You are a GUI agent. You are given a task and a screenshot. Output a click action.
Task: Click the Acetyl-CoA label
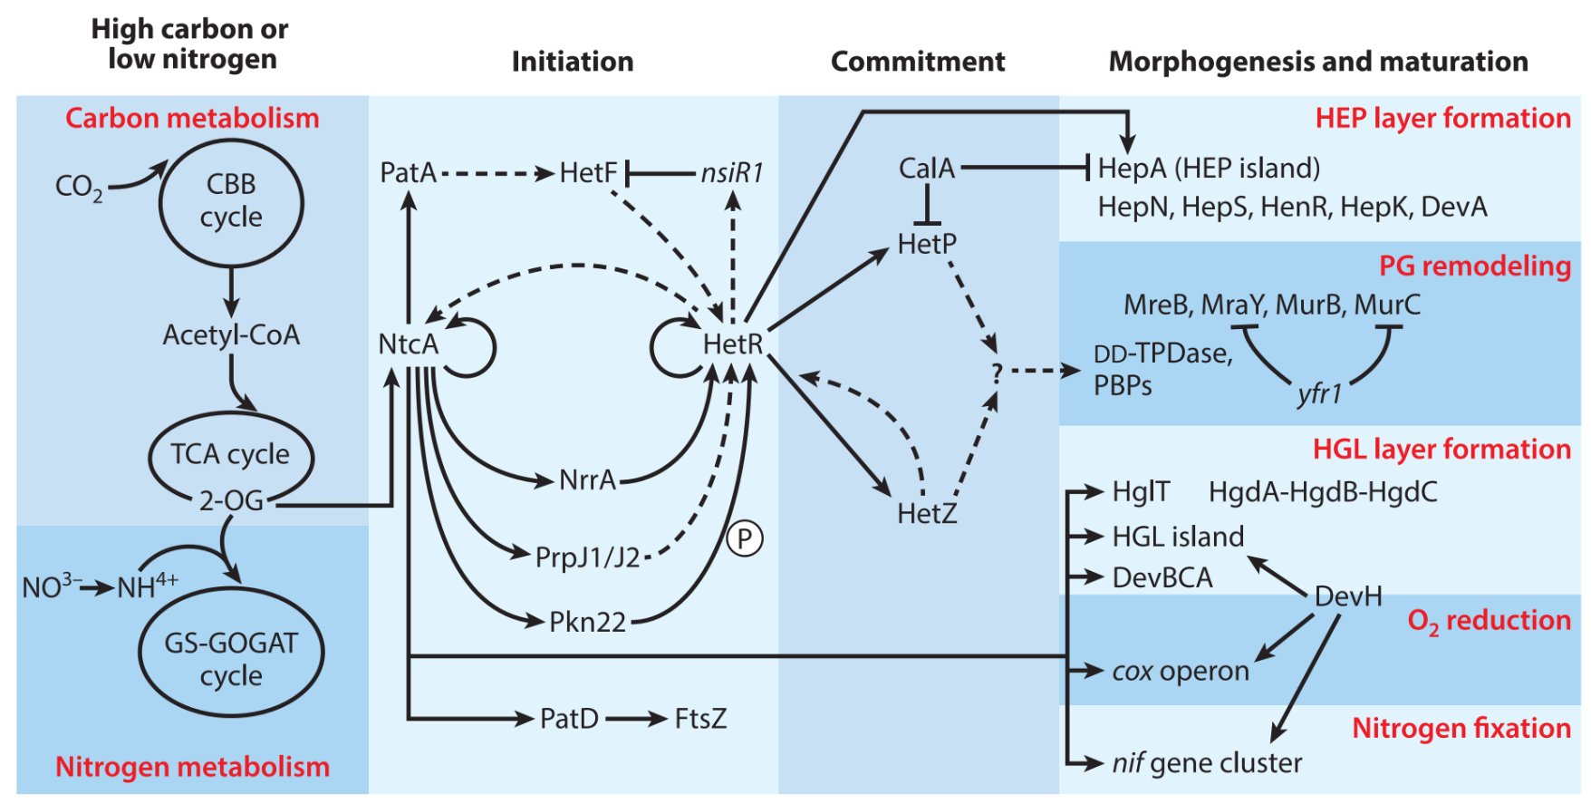click(x=231, y=335)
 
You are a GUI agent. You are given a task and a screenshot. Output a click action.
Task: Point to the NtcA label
click(x=408, y=344)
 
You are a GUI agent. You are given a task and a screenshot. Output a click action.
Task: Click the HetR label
click(x=733, y=344)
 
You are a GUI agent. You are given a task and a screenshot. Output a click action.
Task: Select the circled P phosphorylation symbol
click(x=745, y=539)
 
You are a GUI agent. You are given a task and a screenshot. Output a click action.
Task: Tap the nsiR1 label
click(x=732, y=172)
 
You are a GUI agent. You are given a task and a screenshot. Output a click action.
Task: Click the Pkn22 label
click(x=588, y=622)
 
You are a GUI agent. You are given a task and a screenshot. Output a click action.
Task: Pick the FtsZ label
click(x=700, y=719)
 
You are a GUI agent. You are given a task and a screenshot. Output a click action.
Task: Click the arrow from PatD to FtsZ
click(x=636, y=720)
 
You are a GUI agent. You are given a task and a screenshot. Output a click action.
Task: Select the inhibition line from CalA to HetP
click(x=927, y=204)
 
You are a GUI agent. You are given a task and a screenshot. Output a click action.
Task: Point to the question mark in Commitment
click(x=997, y=373)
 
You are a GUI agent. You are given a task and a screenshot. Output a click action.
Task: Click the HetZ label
click(x=927, y=514)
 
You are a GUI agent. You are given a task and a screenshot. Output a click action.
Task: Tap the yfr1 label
click(x=1319, y=394)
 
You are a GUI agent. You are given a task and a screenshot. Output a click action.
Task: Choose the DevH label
click(x=1348, y=596)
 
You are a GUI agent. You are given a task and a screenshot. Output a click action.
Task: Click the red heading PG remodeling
click(x=1475, y=266)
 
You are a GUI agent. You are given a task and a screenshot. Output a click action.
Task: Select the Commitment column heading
click(x=918, y=62)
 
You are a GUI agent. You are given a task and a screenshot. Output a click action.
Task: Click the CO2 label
click(x=79, y=187)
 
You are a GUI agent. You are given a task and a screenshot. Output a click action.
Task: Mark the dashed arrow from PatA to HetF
click(x=497, y=173)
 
